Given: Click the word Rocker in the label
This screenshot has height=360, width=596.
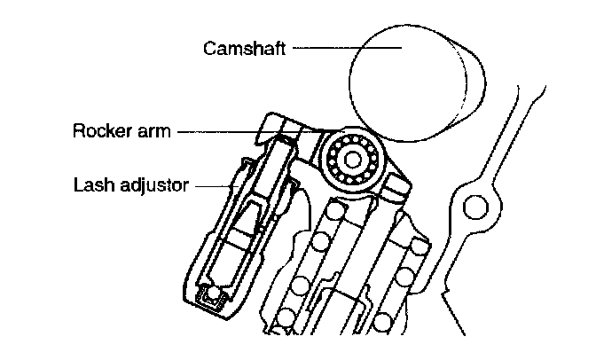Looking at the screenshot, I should pos(98,133).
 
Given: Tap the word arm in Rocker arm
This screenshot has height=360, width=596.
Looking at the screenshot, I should pos(150,133).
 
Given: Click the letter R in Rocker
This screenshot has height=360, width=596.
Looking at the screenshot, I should pos(77,133).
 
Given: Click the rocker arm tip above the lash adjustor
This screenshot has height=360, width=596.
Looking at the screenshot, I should pos(271,129).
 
